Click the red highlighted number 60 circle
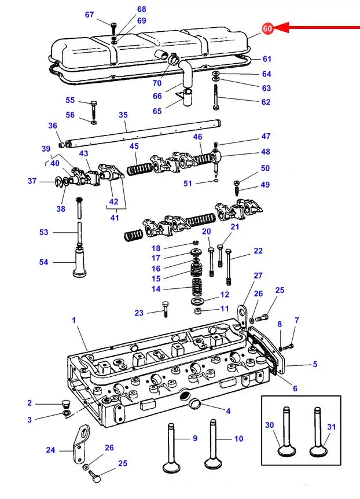coord(268,28)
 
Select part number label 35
coord(123,115)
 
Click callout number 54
coord(43,262)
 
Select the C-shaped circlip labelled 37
coord(58,181)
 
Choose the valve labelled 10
coord(213,445)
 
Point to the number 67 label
coord(90,14)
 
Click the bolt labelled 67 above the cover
coord(113,28)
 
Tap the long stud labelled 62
coord(216,97)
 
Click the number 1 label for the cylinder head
coord(74,320)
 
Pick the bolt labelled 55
coord(94,110)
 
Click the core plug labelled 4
coord(195,404)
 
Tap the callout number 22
coord(258,251)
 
